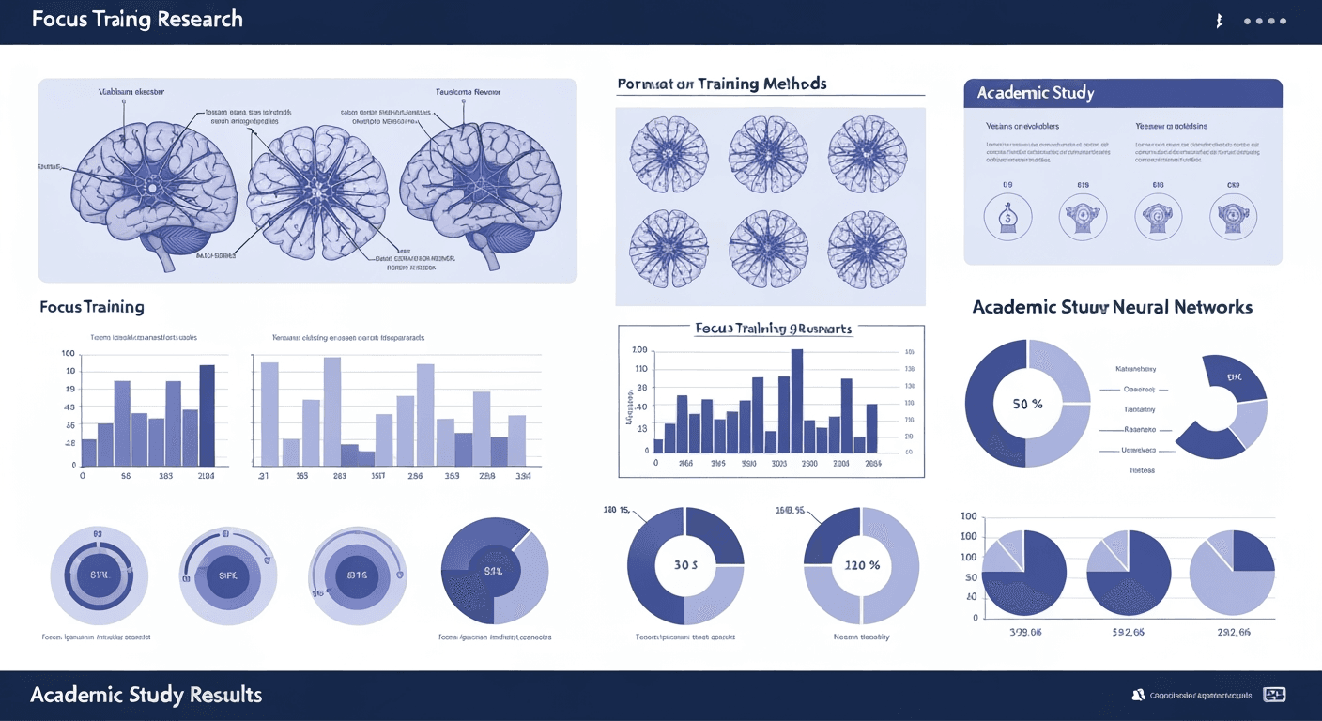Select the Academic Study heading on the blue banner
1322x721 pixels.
pos(1035,93)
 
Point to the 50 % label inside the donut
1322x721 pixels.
pos(1027,404)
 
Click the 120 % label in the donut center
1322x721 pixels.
pos(861,565)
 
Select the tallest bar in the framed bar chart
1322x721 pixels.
pos(797,401)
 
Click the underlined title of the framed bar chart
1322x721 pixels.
pos(772,330)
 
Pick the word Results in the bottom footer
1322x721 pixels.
pos(225,696)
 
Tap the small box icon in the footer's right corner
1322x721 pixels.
pos(1274,695)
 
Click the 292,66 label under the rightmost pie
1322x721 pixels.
pos(1232,632)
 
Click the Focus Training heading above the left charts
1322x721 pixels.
pos(92,307)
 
